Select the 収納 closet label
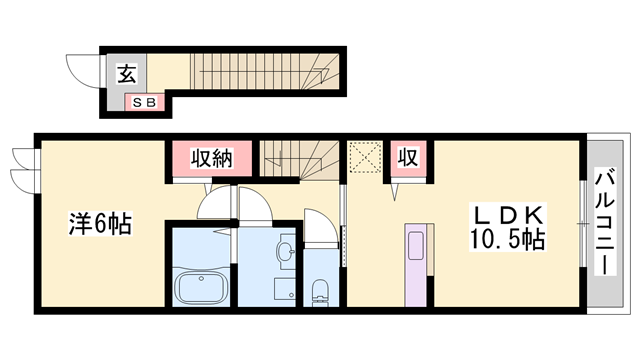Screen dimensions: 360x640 (x=205, y=157)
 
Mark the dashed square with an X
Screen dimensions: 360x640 (x=365, y=157)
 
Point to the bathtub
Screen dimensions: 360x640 (x=203, y=288)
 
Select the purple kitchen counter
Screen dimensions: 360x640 (x=416, y=268)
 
